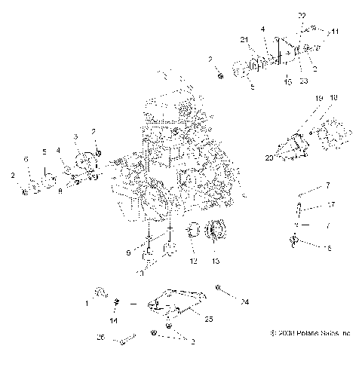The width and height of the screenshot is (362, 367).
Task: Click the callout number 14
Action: [114, 320]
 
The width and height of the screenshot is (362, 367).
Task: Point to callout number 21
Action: [244, 39]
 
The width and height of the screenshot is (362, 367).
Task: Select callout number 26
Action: [101, 337]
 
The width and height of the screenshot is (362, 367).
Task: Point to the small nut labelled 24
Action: [218, 288]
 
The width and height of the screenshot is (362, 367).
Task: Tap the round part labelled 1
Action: [99, 291]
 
